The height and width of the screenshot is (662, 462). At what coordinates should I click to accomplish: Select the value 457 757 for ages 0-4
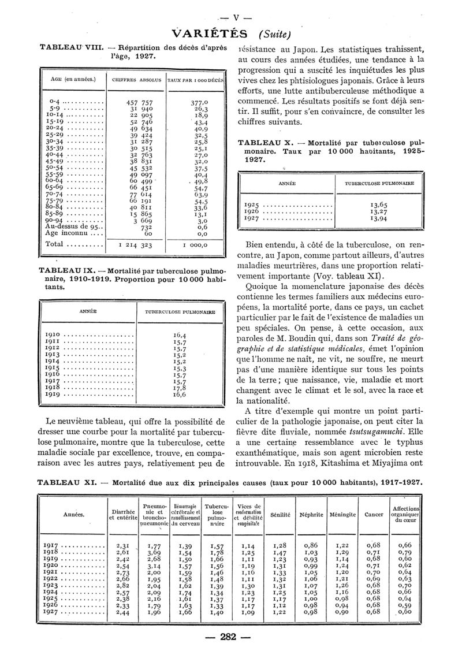(131, 102)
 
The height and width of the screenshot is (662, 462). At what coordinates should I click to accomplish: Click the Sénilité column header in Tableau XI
(280, 514)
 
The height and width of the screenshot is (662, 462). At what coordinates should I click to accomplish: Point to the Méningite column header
(342, 514)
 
